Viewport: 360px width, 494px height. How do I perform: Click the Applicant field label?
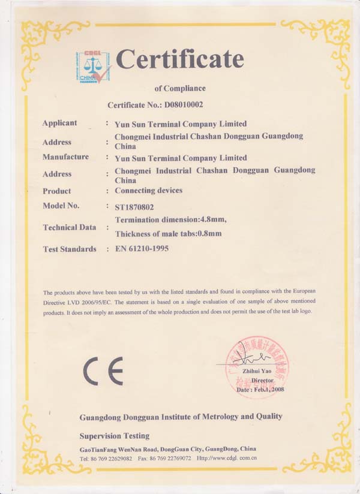coord(59,123)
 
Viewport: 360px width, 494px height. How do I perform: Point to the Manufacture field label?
coord(65,157)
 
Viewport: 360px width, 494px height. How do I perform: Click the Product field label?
coord(56,191)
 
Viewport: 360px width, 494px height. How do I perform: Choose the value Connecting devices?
coord(148,191)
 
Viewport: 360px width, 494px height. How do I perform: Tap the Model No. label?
coord(61,206)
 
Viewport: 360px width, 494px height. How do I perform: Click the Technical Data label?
coord(69,227)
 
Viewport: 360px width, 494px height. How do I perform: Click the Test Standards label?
coord(69,249)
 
